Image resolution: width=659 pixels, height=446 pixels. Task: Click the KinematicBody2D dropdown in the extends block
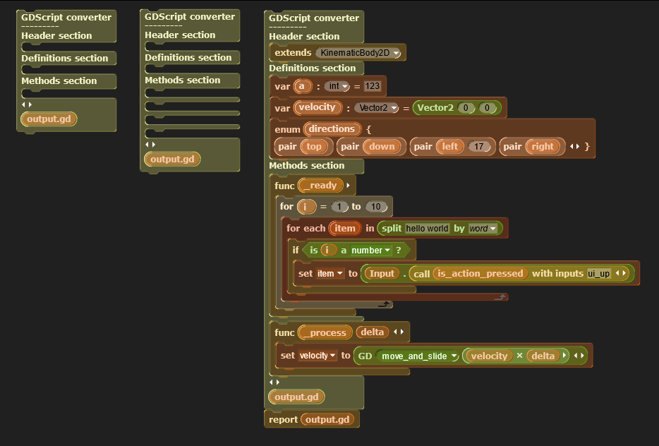[x=358, y=53]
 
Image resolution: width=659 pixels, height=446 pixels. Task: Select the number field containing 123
[x=373, y=86]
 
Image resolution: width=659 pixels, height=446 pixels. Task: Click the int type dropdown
[x=337, y=86]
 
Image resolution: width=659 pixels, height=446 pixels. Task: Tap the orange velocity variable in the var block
[x=318, y=107]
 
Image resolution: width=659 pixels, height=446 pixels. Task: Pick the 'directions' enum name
[x=332, y=129]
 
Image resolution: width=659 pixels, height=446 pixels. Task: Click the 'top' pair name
[x=314, y=147]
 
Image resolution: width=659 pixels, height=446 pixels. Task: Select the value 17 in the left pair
[x=478, y=147]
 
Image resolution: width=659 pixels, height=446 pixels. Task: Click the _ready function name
[x=320, y=186]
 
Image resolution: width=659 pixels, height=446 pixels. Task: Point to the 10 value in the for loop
[x=376, y=207]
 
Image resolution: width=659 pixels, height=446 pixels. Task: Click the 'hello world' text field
[x=427, y=229]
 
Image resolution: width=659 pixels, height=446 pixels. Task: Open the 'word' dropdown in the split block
[x=483, y=229]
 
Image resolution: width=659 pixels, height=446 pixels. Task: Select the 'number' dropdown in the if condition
[x=370, y=251]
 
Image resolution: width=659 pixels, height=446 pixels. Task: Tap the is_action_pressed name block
[x=480, y=274]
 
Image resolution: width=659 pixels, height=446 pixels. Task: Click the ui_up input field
[x=599, y=274]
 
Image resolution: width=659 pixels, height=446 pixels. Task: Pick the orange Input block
[x=382, y=274]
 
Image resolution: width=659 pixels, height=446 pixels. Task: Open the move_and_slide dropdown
[x=418, y=356]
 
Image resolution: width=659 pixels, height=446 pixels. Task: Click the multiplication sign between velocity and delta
[x=519, y=356]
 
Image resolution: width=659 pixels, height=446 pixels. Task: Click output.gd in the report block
[x=327, y=419]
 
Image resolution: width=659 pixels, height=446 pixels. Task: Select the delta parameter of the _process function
[x=373, y=332]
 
